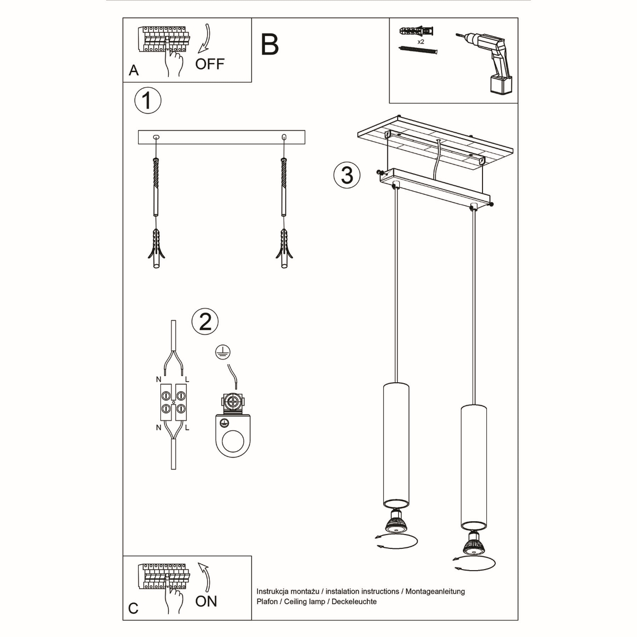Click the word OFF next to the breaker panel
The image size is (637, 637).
pyautogui.click(x=210, y=64)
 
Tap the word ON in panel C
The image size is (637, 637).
pyautogui.click(x=206, y=601)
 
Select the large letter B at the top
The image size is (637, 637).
pyautogui.click(x=270, y=45)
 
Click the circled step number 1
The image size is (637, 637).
pyautogui.click(x=148, y=101)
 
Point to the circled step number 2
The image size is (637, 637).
pyautogui.click(x=205, y=321)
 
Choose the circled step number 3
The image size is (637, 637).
pyautogui.click(x=347, y=175)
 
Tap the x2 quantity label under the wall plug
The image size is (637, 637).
pyautogui.click(x=420, y=41)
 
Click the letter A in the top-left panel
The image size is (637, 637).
pyautogui.click(x=134, y=71)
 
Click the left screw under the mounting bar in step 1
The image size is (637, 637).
pyautogui.click(x=156, y=186)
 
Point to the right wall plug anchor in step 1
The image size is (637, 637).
pyautogui.click(x=284, y=249)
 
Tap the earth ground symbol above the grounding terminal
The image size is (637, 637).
pyautogui.click(x=220, y=352)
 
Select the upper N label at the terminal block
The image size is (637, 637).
pyautogui.click(x=159, y=380)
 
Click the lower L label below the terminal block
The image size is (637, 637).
pyautogui.click(x=187, y=427)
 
